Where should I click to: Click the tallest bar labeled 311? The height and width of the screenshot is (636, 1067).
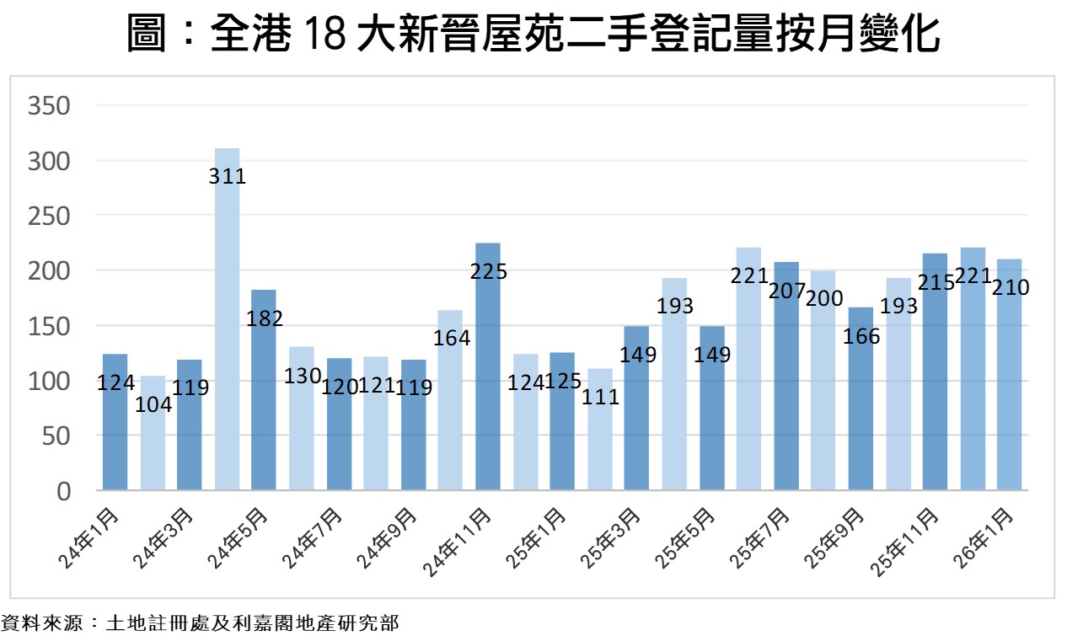coord(227,320)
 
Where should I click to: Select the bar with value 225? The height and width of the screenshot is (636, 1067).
coord(488,366)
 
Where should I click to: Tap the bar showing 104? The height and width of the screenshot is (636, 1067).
coord(153,433)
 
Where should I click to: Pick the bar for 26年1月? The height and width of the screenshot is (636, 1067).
coord(1009,375)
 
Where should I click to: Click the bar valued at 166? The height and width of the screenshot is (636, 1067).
coord(861,399)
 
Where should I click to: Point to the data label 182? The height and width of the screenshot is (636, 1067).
coord(265,319)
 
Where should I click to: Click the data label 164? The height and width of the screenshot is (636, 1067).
coord(452,339)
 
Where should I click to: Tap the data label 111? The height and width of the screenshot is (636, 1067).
coord(601,397)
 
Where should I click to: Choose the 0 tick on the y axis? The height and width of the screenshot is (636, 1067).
coord(62,491)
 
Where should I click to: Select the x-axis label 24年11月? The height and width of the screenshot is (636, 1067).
coord(459,542)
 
